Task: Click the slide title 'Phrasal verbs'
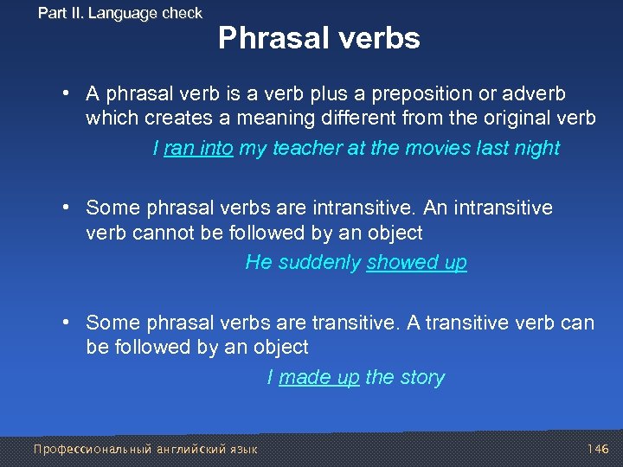(318, 38)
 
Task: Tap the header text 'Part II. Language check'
(120, 13)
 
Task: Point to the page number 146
(598, 449)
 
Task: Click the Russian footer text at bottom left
(145, 449)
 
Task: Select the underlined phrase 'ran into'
(198, 149)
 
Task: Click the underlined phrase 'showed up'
(416, 263)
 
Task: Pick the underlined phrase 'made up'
(318, 378)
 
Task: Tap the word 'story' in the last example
(421, 378)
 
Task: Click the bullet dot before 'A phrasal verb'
(66, 93)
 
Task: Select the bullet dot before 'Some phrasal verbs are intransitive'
(66, 208)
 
